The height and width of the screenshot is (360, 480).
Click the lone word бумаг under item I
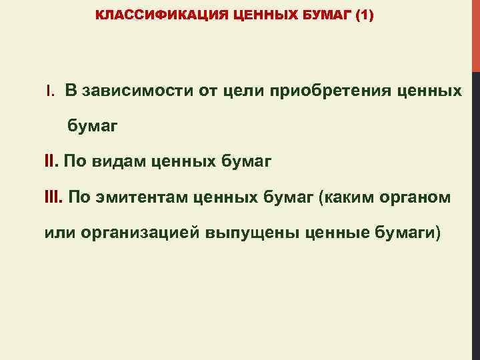coord(91,125)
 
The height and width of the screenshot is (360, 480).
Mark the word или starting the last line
coord(58,234)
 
